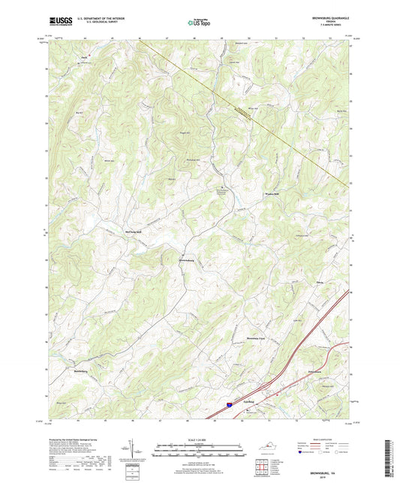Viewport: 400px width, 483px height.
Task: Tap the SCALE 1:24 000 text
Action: point(200,439)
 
